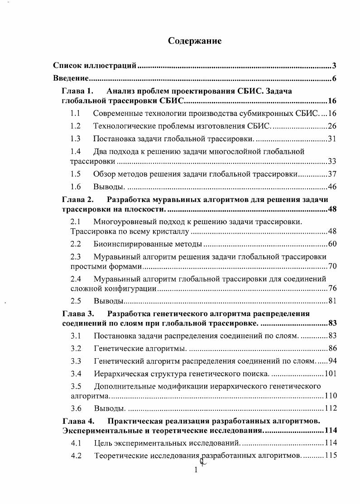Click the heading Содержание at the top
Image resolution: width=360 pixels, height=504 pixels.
tap(195, 41)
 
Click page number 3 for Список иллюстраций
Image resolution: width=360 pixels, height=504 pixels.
tap(334, 66)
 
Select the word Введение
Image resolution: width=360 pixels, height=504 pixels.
tap(70, 78)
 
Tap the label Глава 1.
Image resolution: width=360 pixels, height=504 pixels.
tap(77, 91)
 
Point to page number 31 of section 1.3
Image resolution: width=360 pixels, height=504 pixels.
tap(332, 138)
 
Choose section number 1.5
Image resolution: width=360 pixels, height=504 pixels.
tap(76, 173)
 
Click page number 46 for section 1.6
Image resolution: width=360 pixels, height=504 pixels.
tap(332, 186)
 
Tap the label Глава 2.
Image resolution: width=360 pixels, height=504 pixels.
tap(77, 199)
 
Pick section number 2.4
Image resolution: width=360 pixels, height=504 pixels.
tap(76, 278)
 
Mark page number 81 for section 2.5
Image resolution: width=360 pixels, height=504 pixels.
tap(332, 301)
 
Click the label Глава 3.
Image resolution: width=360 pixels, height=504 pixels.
tap(77, 313)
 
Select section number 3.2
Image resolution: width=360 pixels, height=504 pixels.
tap(76, 348)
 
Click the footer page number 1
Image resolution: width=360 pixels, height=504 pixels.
tap(196, 470)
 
